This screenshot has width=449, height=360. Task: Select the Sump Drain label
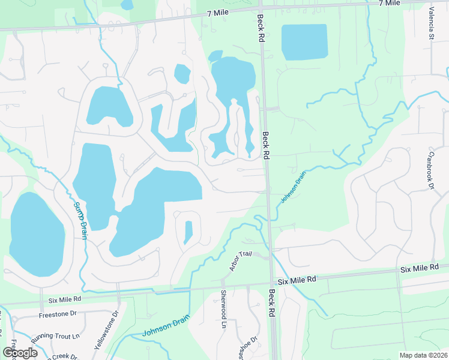coord(80,220)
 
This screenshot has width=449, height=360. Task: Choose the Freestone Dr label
coord(58,313)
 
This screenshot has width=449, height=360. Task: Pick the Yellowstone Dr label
coord(107,331)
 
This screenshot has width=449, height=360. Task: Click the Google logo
coord(20,353)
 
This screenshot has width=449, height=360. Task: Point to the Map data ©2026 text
coord(423,355)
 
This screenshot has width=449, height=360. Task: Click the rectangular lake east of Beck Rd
coord(305,41)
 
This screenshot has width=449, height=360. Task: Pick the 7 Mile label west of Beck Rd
coord(218,13)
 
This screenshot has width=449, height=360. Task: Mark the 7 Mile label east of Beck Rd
coord(389,4)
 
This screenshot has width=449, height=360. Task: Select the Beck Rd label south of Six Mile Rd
coord(272,304)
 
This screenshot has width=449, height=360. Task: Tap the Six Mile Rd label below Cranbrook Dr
coord(420,267)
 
